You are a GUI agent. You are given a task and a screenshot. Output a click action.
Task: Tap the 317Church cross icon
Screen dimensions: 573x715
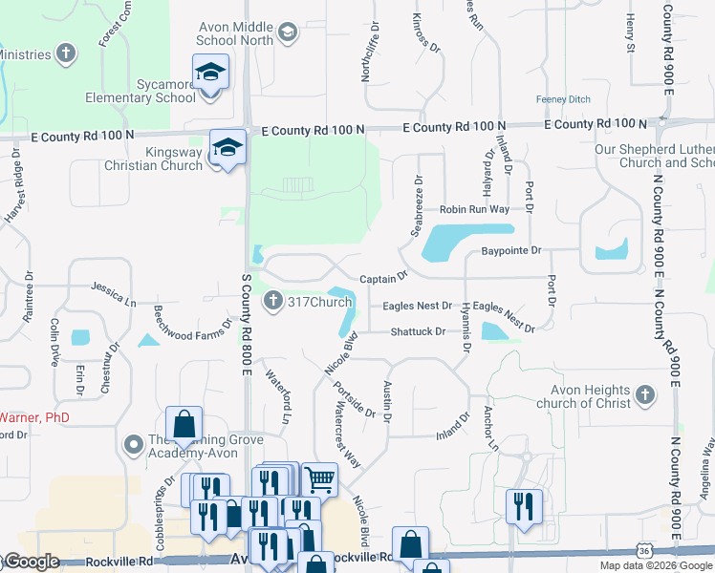[273, 302]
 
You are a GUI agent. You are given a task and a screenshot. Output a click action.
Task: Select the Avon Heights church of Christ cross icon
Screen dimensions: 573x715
[645, 394]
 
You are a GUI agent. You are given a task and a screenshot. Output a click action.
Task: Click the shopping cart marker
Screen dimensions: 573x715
[319, 478]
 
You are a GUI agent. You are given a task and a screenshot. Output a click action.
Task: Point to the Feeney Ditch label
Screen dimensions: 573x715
[563, 99]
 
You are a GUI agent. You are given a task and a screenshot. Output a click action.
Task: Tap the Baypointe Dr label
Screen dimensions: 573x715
[510, 250]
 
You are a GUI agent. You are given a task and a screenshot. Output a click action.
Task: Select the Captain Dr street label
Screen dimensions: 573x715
[383, 278]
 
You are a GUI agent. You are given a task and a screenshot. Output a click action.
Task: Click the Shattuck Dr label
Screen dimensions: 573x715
[418, 331]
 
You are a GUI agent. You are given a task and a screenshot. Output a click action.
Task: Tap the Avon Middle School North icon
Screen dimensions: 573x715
[289, 32]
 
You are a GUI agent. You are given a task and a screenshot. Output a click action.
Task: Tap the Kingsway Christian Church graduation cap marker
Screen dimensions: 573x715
[227, 148]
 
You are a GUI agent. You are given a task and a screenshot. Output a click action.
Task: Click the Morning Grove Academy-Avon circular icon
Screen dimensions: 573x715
[134, 445]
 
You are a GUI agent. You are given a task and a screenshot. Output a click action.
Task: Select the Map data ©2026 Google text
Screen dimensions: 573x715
[656, 565]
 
